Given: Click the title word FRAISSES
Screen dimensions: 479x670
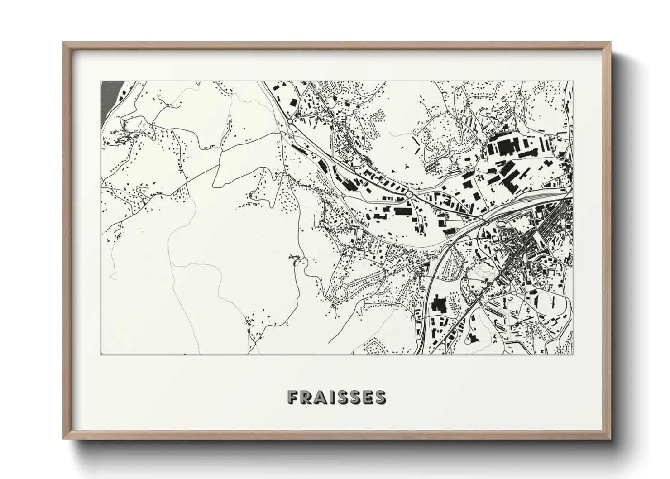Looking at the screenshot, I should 336,397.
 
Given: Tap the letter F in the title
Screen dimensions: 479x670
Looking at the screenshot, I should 292,397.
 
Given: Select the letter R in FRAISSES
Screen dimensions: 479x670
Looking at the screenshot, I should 306,397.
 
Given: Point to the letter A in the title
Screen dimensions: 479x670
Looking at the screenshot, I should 320,397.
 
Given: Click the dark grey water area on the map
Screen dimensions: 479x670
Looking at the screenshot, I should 109,97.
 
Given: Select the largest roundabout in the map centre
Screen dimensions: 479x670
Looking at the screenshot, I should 409,194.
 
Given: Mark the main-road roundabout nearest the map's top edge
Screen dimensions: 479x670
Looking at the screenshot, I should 290,121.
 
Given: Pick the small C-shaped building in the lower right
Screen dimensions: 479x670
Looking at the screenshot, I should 512,299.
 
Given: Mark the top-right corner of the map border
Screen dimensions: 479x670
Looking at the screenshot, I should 573,81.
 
